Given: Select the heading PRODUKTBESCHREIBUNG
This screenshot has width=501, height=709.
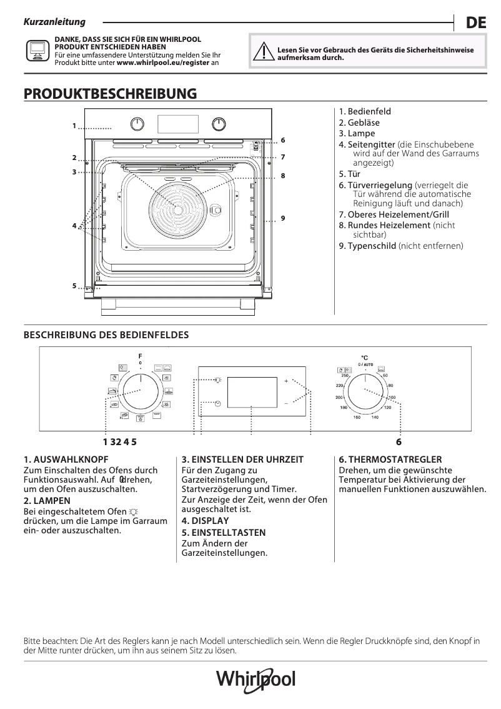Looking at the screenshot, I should click(x=110, y=94).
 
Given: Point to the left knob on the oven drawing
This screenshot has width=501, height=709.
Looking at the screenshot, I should click(x=138, y=123).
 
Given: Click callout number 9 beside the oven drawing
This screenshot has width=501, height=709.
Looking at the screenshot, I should click(x=283, y=218).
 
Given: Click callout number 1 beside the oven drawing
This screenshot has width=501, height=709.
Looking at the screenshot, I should click(x=74, y=126).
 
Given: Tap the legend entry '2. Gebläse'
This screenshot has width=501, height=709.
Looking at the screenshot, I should click(x=359, y=123).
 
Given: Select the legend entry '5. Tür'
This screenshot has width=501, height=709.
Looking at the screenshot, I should click(x=350, y=174).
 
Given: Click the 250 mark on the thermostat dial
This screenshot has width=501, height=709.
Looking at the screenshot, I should click(x=345, y=375).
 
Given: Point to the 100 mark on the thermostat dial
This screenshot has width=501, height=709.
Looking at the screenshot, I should click(x=392, y=398).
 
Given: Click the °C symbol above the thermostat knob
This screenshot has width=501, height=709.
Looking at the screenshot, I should click(x=365, y=358).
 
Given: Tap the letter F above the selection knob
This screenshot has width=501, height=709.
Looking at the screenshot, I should click(x=140, y=356).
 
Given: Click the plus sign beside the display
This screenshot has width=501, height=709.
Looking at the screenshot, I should click(x=286, y=381).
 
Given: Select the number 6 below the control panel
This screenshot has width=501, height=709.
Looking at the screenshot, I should click(x=399, y=442).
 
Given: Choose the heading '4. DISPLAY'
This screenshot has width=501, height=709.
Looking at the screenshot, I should click(x=205, y=520).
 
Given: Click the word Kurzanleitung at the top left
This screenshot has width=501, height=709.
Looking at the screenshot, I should click(x=54, y=23).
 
